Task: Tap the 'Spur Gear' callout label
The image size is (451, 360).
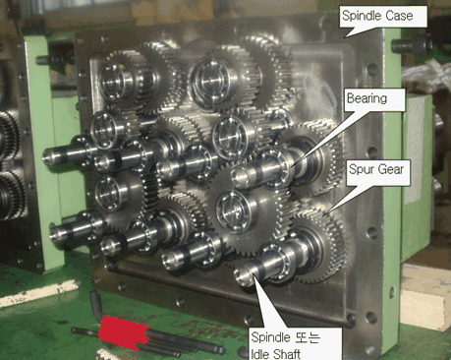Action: pos(378,173)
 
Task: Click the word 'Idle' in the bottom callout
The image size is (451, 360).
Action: pos(258,354)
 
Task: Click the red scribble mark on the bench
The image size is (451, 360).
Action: pos(124,331)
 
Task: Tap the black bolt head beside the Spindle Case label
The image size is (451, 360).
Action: pos(412,44)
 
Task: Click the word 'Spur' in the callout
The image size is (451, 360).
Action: pos(361,170)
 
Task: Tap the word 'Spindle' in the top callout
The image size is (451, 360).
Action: pos(362,16)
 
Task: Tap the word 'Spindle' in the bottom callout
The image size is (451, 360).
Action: pos(271,337)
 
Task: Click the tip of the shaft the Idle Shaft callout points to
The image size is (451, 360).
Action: pos(243,275)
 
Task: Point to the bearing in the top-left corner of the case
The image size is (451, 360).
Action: pos(111,81)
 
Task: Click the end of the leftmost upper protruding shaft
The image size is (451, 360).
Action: pos(50,155)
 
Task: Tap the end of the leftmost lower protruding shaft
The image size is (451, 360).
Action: pos(56,233)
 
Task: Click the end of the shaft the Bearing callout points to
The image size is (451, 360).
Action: pos(240,175)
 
